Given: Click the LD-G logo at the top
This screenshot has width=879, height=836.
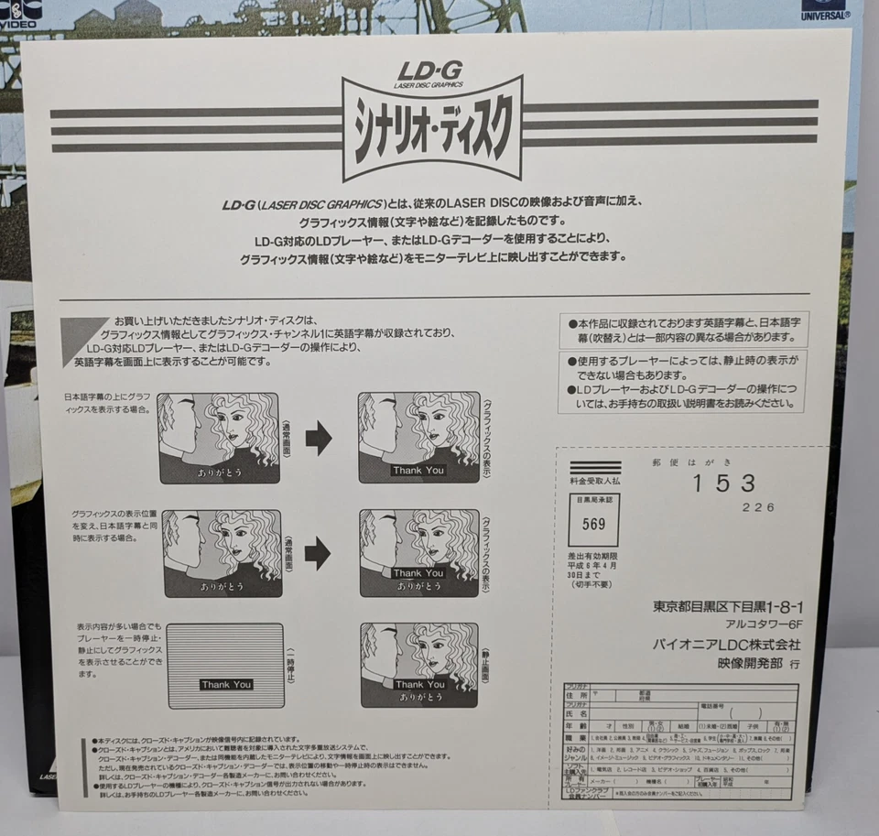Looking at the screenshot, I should pos(430,71).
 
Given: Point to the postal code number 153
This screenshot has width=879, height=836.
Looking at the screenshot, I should pos(723,483).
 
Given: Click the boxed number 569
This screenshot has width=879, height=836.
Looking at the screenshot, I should pos(594,525).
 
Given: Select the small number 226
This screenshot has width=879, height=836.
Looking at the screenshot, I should pos(759,507).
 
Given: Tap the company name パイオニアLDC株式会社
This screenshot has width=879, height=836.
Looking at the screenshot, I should pos(726,646).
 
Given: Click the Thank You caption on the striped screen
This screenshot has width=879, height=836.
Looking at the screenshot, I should pos(226,684).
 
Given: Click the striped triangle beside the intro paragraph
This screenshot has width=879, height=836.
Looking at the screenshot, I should pos(83,340).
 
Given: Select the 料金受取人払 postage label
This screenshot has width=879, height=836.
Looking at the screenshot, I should pos(595,480).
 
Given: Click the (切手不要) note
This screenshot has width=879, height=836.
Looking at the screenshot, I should pos(595,583).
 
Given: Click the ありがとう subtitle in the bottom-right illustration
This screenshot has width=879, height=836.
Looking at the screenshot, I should pos(420,697).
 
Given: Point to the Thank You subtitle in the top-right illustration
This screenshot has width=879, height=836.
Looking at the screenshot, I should pos(418,471).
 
